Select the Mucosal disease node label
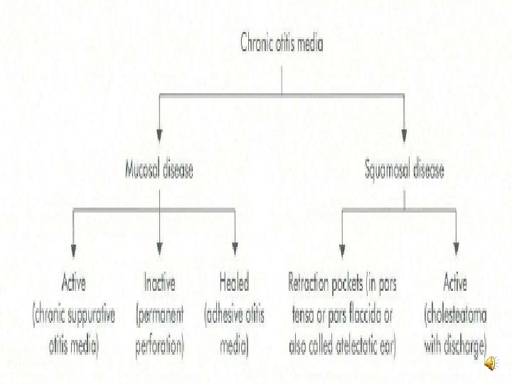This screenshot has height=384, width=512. [x=159, y=171]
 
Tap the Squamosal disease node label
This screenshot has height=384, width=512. [x=405, y=171]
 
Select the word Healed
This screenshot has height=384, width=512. [x=234, y=284]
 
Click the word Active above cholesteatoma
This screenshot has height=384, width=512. [x=455, y=284]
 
